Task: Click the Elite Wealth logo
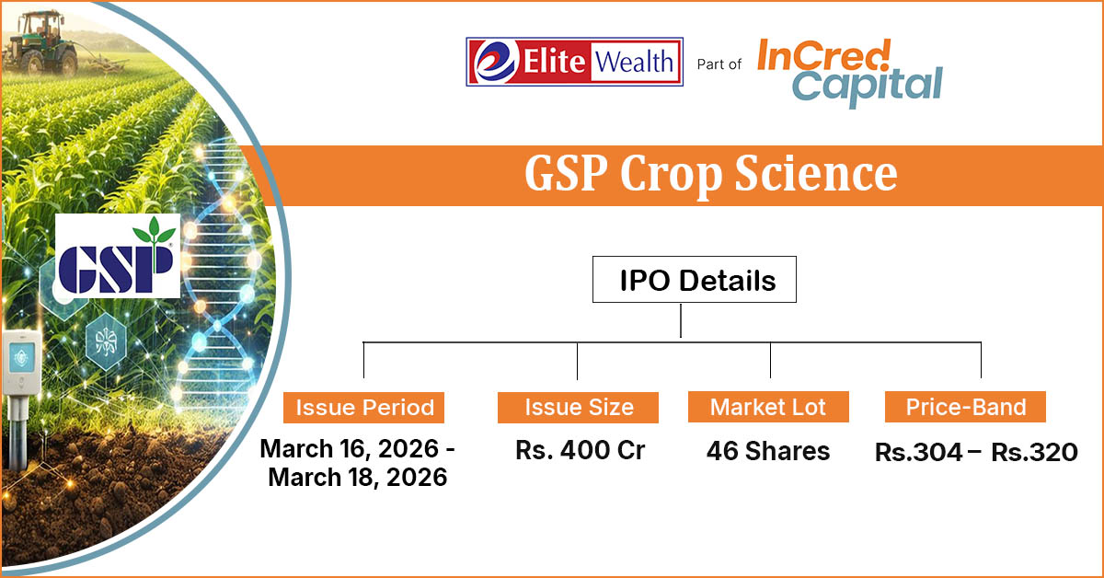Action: coord(574,62)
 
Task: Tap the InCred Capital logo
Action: coord(850,73)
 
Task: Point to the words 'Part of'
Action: coord(719,64)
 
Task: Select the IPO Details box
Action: coord(694,279)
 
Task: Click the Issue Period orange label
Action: coord(363,408)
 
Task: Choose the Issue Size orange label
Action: coord(578,408)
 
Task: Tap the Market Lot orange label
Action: coord(768,407)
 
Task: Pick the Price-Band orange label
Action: coord(965,407)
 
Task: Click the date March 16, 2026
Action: coord(350,449)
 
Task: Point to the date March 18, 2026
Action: coord(358,478)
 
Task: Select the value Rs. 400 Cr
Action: coord(581,450)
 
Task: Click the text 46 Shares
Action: coord(768,451)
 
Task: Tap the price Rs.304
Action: coord(919,453)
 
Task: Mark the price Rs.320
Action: coord(1034,453)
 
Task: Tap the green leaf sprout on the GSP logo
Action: coord(155,231)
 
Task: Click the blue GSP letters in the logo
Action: coord(116,269)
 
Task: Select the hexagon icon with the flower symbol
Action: coord(106,341)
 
